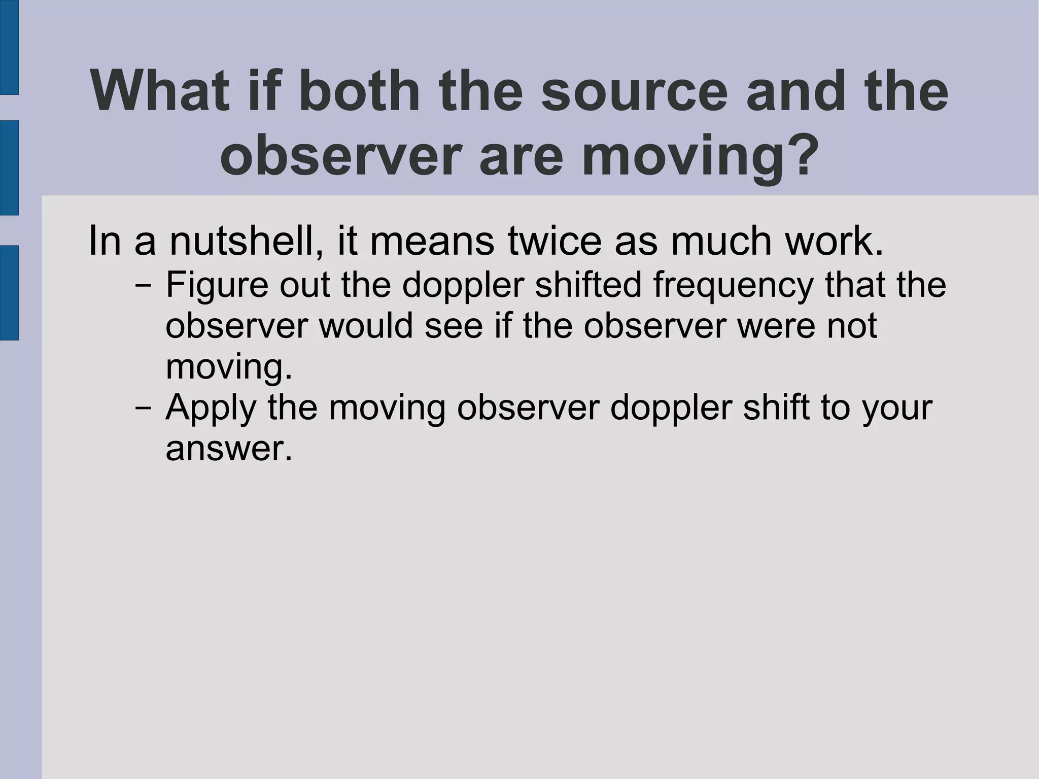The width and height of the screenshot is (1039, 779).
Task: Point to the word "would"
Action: click(365, 325)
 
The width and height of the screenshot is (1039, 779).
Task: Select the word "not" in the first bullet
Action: click(852, 325)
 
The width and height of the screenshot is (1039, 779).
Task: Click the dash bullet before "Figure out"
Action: click(144, 285)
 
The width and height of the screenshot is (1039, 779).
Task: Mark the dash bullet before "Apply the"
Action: click(144, 408)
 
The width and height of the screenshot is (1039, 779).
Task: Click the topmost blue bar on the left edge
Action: click(9, 47)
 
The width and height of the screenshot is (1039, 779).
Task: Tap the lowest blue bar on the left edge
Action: click(9, 292)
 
